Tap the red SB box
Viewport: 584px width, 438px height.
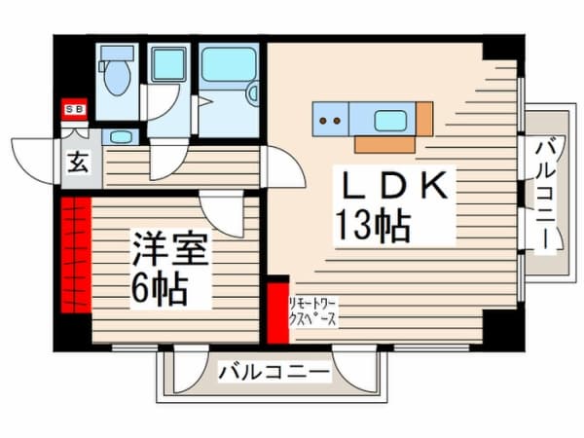73,109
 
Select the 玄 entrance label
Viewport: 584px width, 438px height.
77,163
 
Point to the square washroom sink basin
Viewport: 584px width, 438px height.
168,65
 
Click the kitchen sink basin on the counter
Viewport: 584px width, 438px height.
390,121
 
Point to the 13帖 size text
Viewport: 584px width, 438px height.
373,225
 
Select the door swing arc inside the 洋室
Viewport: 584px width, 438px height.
222,211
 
